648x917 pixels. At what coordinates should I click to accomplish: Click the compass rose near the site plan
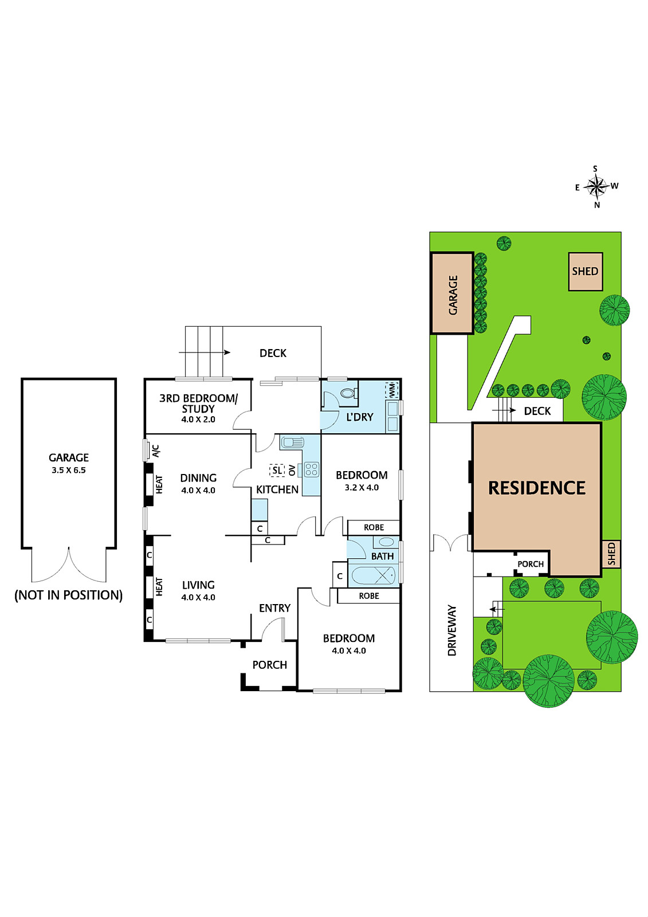click(596, 186)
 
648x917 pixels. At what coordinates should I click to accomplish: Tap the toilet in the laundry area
click(348, 393)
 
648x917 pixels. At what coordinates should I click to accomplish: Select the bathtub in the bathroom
click(373, 575)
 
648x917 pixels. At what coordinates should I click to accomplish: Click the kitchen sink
click(292, 442)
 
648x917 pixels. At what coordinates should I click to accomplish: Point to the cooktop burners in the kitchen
click(312, 469)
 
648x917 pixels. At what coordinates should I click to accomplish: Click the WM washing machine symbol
click(392, 390)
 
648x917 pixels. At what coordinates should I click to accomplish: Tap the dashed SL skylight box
click(277, 471)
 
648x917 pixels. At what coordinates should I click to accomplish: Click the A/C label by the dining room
click(156, 450)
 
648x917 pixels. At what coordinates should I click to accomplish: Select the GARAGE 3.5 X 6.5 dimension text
click(69, 470)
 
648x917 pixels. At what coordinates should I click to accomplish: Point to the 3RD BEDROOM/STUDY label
click(198, 403)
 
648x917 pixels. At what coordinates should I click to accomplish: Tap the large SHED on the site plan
click(585, 271)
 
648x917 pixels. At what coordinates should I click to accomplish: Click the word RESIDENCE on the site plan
click(537, 488)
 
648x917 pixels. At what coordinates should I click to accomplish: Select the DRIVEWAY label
click(452, 630)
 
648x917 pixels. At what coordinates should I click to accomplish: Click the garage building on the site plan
click(452, 293)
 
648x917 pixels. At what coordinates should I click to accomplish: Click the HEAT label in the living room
click(159, 586)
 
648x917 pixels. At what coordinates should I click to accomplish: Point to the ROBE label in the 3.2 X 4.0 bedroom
click(374, 527)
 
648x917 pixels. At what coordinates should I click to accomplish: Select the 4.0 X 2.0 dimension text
click(198, 420)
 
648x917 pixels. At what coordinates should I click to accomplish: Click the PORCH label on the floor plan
click(270, 665)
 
